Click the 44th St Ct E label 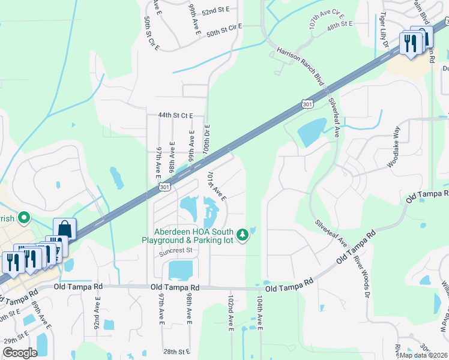pyautogui.click(x=176, y=115)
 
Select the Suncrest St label pyautogui.click(x=175, y=251)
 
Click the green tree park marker pyautogui.click(x=243, y=235)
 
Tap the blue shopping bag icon pyautogui.click(x=64, y=229)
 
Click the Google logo pyautogui.click(x=20, y=353)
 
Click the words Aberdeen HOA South pyautogui.click(x=191, y=232)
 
